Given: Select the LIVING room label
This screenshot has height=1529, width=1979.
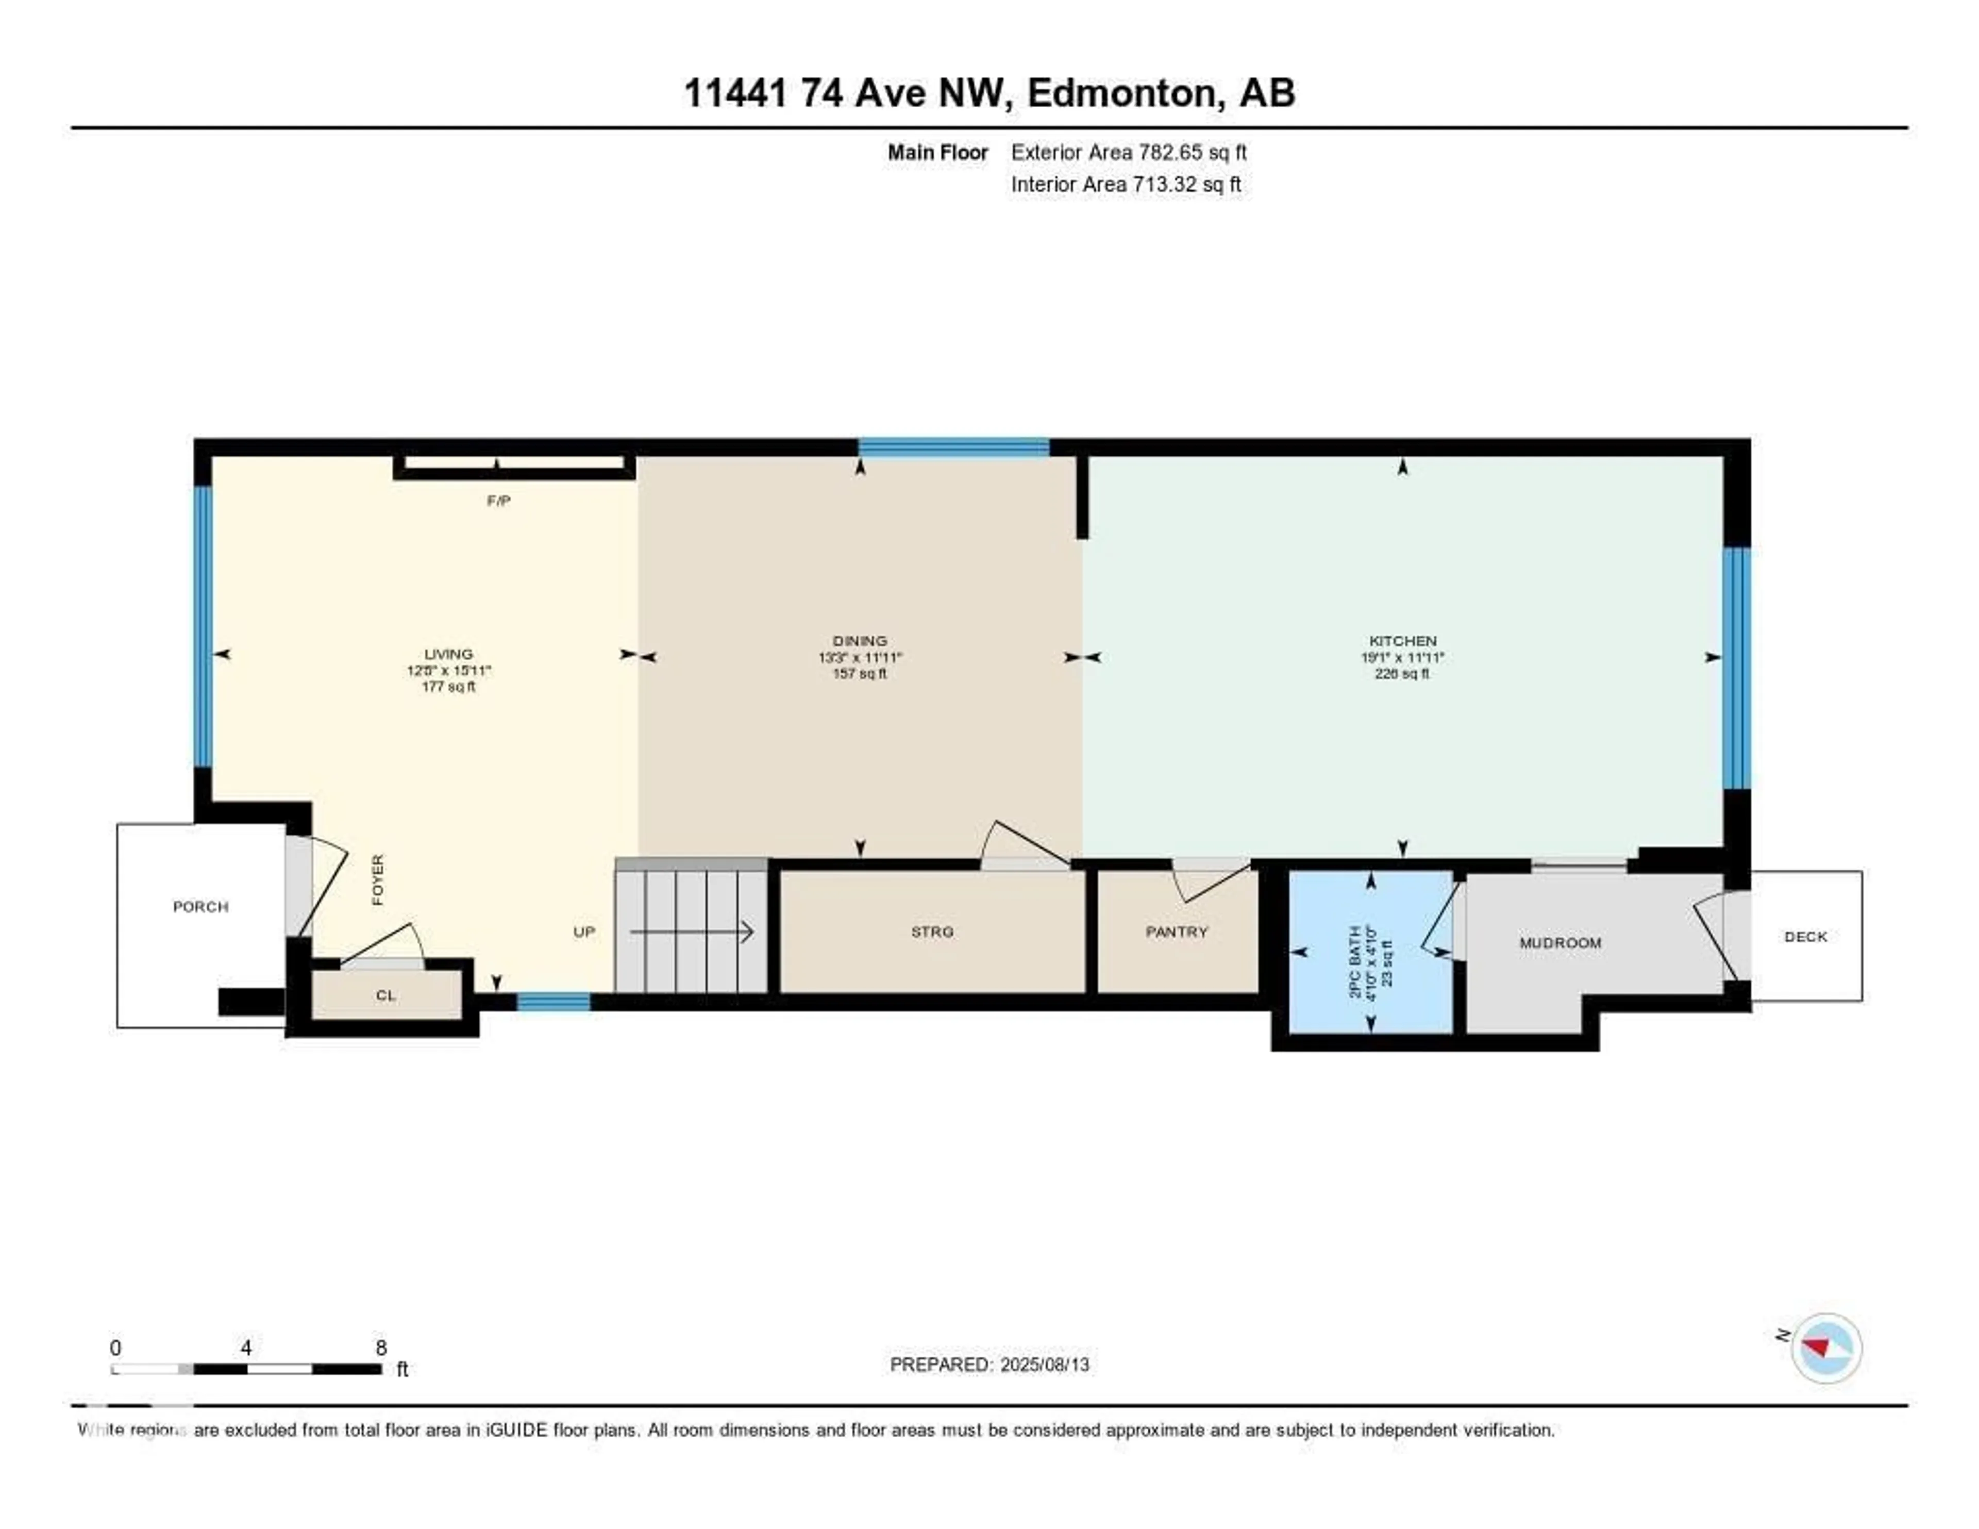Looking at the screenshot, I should (448, 654).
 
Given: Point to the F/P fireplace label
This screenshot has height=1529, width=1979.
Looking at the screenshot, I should (498, 500).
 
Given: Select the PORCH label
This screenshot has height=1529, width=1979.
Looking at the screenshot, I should (200, 906).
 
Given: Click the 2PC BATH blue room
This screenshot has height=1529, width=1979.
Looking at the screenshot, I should (1370, 952).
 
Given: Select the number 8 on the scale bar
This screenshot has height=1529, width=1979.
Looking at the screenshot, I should (381, 1348).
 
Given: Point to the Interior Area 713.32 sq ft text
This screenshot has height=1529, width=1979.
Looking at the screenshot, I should (1126, 184).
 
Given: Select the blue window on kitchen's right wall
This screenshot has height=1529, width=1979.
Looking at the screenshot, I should (1735, 668).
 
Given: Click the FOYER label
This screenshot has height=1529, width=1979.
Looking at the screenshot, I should (378, 879).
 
